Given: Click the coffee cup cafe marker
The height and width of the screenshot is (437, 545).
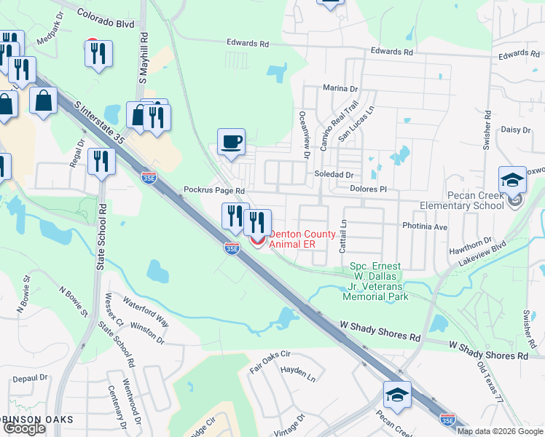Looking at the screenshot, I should [232, 141].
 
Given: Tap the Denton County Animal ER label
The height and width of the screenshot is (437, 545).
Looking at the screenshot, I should [293, 240].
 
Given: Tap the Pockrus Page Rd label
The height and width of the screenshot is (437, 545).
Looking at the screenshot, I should [213, 190].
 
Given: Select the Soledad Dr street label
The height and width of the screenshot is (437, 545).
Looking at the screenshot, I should [333, 176].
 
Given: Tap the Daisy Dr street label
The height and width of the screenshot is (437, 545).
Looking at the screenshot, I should [516, 130].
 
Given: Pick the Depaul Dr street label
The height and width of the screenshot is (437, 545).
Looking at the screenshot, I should [30, 379].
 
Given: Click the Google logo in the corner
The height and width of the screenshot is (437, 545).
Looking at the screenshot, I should [23, 428].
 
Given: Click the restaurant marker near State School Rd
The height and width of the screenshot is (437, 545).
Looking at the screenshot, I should [101, 162].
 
